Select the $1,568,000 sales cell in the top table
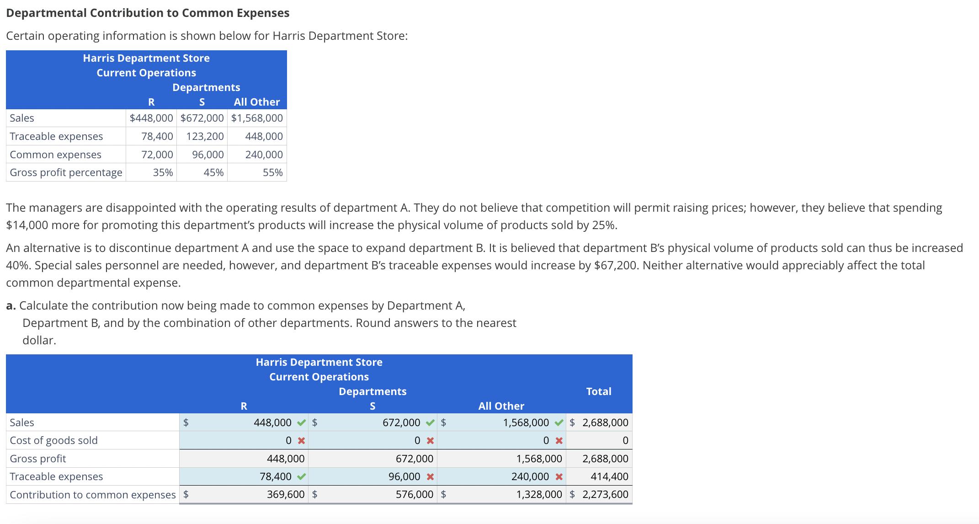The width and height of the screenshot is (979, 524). (x=257, y=118)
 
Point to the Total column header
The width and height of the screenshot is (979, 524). (x=598, y=391)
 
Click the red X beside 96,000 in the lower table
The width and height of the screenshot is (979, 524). (x=430, y=476)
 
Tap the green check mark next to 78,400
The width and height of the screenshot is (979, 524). (x=301, y=476)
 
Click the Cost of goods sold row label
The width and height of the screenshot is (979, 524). (x=53, y=440)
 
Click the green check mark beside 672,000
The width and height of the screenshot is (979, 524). (x=430, y=422)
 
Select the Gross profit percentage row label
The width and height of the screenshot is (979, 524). (x=66, y=172)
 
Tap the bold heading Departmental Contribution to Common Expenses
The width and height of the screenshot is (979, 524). (x=148, y=13)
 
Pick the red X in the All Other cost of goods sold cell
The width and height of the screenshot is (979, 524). (x=559, y=441)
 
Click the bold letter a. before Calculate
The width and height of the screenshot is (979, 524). (x=11, y=305)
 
